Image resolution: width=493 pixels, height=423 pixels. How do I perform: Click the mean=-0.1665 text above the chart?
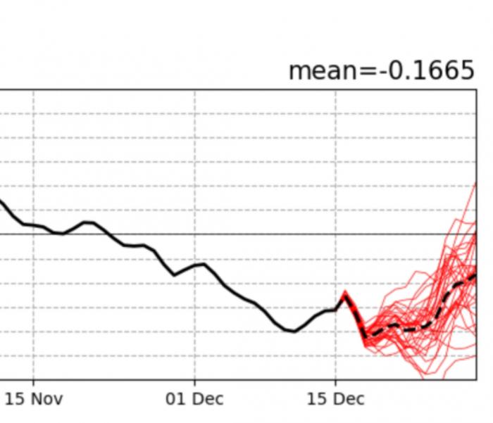point(381,70)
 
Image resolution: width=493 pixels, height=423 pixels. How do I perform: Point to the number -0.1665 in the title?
point(429,70)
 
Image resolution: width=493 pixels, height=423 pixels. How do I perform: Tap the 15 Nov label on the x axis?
point(34,399)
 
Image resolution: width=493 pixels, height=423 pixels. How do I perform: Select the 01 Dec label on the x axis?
point(194,399)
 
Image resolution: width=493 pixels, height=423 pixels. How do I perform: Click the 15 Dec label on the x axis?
point(335,399)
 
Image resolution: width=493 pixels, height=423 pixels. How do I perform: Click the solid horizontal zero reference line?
point(211,234)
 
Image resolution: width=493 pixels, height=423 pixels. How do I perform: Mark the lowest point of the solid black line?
point(293,331)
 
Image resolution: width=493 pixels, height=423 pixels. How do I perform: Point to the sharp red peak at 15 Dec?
point(345,291)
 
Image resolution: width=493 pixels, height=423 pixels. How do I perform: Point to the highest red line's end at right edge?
point(476,183)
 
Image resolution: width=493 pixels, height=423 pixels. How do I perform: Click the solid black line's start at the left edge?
point(1,201)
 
